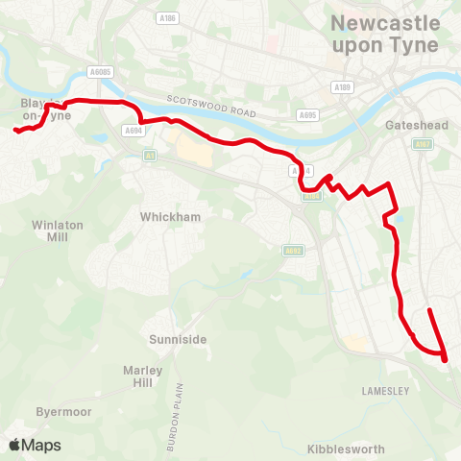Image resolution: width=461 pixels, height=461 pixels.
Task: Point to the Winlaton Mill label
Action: click(51, 230)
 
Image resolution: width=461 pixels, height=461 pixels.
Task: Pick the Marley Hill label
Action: click(142, 376)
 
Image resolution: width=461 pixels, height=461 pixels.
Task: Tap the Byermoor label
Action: click(63, 411)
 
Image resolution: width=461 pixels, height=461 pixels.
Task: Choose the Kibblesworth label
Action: click(346, 449)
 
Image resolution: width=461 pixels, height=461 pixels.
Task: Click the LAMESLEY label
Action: click(386, 391)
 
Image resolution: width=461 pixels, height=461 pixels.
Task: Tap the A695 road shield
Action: click(307, 115)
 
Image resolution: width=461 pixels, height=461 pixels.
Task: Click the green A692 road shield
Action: click(293, 252)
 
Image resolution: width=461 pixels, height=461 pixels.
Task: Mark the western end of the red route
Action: click(15, 131)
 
